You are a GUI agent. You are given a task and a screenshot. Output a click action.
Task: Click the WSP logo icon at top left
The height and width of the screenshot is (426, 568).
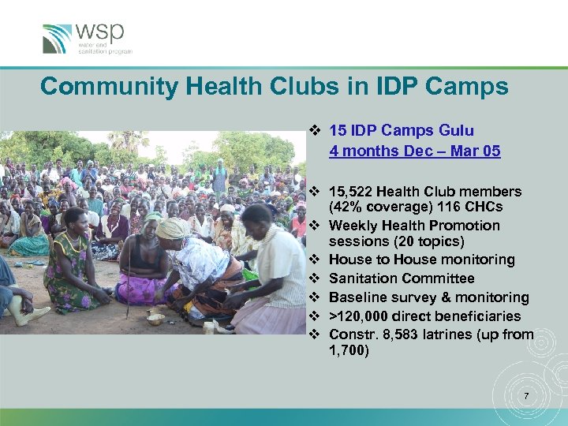point(58,38)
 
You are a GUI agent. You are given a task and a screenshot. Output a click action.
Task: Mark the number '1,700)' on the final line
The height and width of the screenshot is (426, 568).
point(348,352)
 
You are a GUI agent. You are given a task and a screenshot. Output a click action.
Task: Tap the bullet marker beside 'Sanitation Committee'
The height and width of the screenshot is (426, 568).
point(313,278)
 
